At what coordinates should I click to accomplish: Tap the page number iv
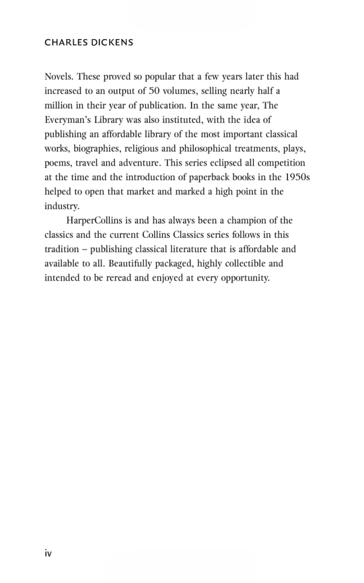pyautogui.click(x=48, y=553)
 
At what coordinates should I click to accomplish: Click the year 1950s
pyautogui.click(x=297, y=177)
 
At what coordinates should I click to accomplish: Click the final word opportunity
pyautogui.click(x=241, y=278)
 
